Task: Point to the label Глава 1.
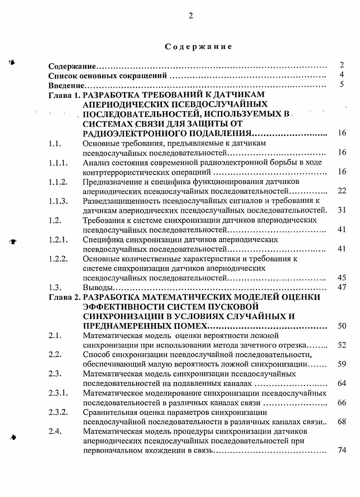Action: point(65,95)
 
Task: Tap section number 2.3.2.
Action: point(58,412)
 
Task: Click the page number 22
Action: point(342,191)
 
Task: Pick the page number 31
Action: point(342,210)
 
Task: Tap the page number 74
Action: point(342,451)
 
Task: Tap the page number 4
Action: point(342,75)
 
